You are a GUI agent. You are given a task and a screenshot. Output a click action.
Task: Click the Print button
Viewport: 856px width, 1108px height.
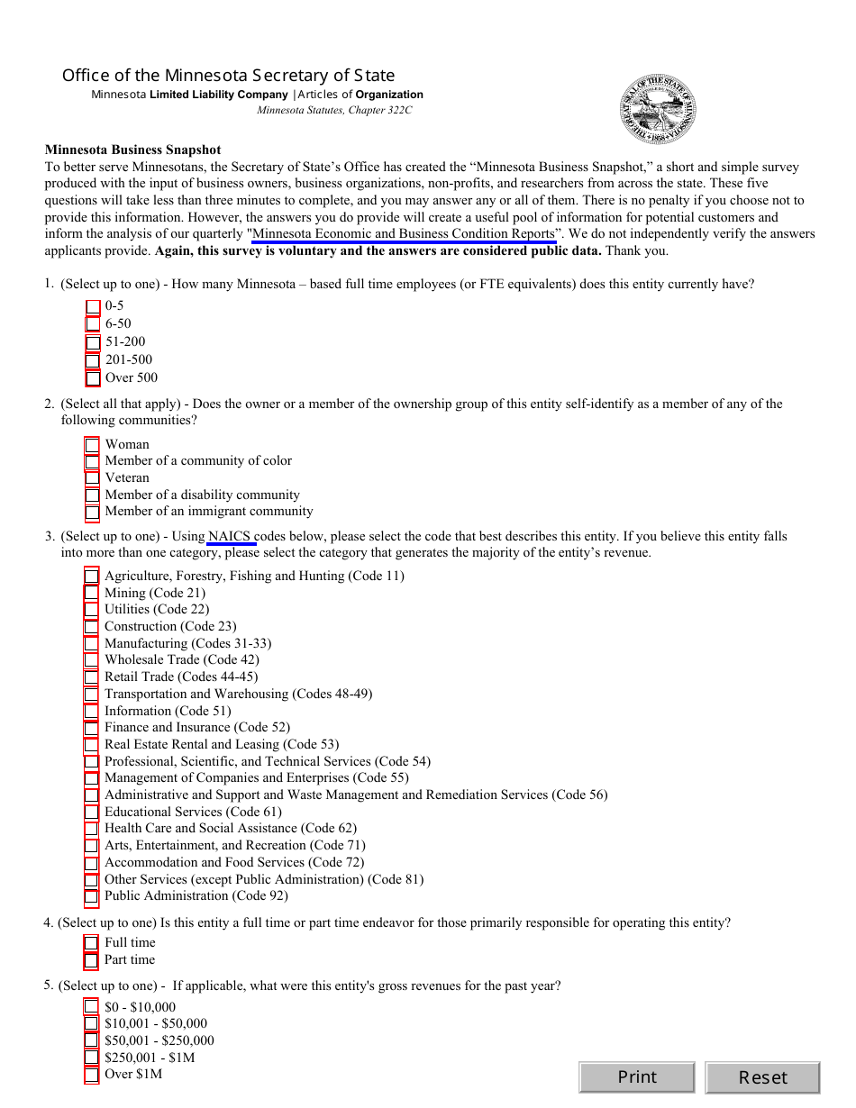[636, 1077]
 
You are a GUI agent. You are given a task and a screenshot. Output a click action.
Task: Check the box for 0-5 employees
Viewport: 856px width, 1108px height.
[93, 306]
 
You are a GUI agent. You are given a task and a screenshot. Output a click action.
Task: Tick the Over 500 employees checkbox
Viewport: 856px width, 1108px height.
[93, 378]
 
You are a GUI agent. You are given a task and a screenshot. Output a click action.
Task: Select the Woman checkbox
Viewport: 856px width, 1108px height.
[92, 445]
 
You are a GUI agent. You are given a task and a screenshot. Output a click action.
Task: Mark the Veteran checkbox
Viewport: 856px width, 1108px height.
[92, 478]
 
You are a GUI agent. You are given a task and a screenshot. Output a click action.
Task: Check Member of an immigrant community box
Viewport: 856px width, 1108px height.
[92, 512]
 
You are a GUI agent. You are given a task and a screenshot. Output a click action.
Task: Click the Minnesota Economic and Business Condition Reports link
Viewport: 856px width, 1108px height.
[404, 234]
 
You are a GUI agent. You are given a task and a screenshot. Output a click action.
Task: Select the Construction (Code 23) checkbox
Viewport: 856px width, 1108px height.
[91, 627]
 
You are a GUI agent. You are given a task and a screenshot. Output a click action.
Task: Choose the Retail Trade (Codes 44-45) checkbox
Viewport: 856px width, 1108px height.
[91, 677]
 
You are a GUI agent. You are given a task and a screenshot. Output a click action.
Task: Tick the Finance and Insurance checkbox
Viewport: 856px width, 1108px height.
[91, 728]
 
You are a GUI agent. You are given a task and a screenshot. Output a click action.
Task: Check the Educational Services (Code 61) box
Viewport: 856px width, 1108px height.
[91, 813]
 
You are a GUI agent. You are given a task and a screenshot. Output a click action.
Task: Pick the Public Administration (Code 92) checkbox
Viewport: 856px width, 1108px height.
[91, 896]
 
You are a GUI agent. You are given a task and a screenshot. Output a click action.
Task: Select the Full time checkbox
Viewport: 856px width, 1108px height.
[91, 943]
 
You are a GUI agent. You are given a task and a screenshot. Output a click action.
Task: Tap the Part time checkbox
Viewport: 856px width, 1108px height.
[91, 960]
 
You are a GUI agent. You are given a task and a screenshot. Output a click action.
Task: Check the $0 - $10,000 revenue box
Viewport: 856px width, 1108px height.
[91, 1007]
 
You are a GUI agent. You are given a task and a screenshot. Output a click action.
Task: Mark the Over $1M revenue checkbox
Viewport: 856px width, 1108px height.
[91, 1075]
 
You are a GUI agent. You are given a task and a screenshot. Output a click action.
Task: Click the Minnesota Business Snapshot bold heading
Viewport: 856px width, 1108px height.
[132, 150]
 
